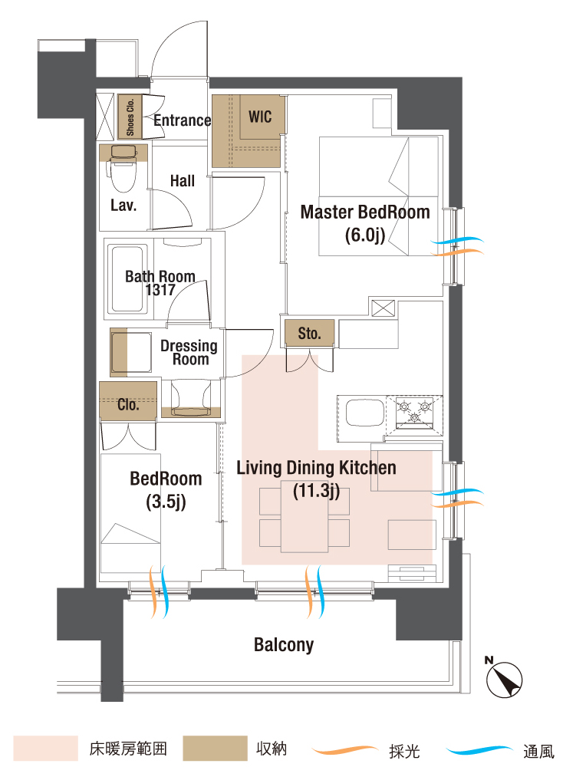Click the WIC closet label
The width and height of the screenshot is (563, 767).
click(260, 117)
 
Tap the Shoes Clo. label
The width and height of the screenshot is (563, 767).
click(130, 117)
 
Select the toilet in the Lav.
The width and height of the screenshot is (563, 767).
click(123, 170)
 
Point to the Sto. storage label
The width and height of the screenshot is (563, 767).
click(309, 334)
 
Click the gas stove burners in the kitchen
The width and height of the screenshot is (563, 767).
click(414, 411)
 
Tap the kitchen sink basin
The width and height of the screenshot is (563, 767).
click(365, 413)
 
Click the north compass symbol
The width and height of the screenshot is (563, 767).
click(504, 678)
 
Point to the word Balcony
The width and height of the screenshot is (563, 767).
click(284, 645)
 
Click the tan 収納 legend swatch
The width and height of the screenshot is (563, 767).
click(215, 749)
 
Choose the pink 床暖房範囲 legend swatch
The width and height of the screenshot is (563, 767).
click(45, 749)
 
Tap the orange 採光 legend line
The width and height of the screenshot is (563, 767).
click(344, 749)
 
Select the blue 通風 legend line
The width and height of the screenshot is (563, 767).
click(479, 749)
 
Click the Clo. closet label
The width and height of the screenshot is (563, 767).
click(128, 404)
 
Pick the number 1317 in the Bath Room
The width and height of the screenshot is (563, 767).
click(160, 290)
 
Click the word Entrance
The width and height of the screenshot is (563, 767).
click(183, 120)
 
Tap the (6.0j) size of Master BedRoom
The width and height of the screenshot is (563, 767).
click(365, 235)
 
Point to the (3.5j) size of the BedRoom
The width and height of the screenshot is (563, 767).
click(166, 502)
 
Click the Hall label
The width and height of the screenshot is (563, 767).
click(183, 181)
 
